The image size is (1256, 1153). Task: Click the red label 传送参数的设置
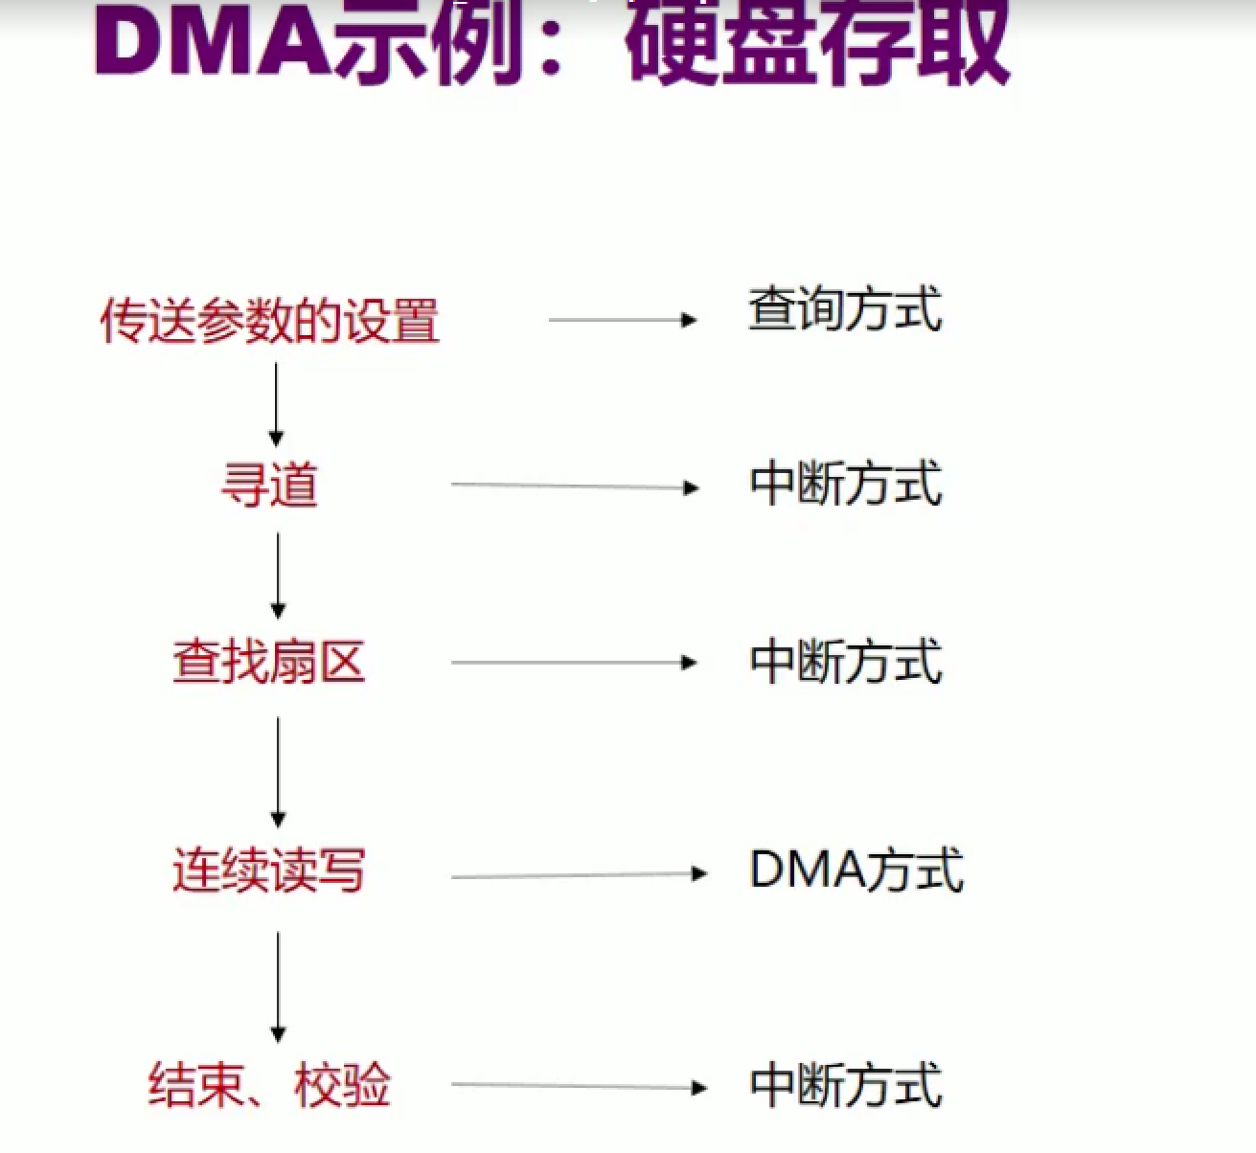point(270,320)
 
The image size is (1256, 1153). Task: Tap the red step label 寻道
point(270,486)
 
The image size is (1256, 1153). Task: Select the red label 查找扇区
point(269,662)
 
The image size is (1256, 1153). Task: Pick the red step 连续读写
point(269,870)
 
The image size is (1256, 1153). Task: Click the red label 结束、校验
point(270,1085)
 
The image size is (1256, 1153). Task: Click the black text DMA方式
point(856,870)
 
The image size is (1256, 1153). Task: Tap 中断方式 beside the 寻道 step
point(846,483)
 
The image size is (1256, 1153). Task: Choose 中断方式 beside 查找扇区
point(846,661)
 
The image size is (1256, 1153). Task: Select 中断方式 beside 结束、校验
point(846,1085)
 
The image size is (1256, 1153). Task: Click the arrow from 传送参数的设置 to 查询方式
point(623,320)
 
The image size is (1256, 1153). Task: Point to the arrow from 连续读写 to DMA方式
point(580,875)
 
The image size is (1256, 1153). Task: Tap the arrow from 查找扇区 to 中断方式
point(574,663)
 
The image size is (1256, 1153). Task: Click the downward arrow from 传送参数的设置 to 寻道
point(276,404)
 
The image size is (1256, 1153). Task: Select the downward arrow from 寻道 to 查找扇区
point(278,576)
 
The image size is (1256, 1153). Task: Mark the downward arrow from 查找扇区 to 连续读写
point(278,773)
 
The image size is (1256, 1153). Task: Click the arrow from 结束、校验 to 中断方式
point(580,1086)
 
